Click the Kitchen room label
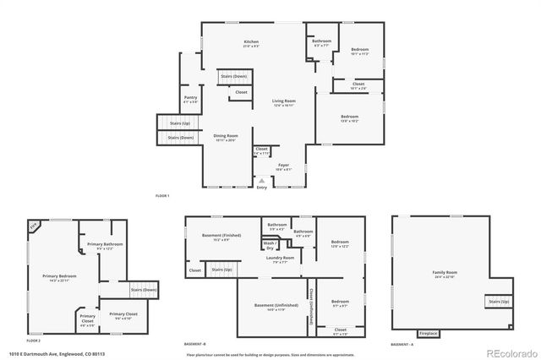point(251,42)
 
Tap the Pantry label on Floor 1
point(190,98)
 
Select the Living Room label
point(282,101)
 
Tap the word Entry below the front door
point(261,187)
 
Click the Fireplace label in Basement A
point(429,333)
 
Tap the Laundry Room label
point(280,258)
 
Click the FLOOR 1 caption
point(162,196)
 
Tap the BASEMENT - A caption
point(402,344)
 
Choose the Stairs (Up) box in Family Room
point(499,301)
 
